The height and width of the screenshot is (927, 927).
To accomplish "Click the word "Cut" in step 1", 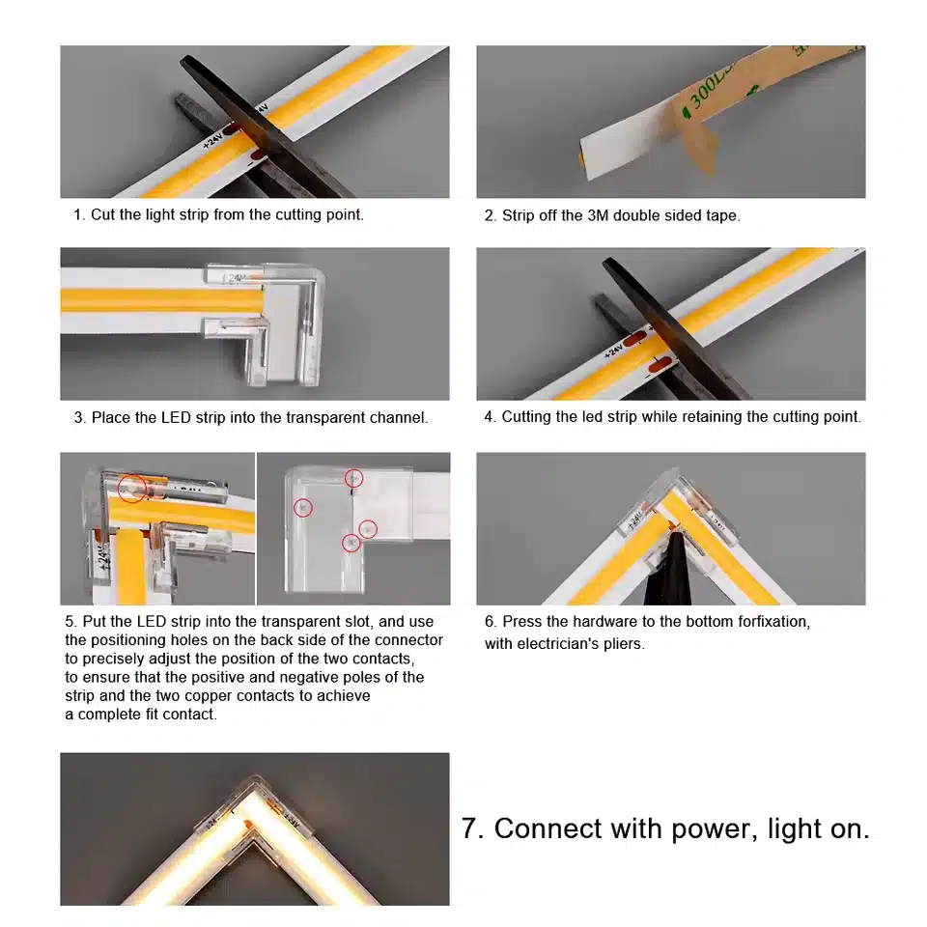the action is point(103,214).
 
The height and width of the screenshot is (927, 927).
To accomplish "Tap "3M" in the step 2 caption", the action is point(598,215).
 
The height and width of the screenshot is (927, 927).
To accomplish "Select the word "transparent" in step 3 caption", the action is point(312,417).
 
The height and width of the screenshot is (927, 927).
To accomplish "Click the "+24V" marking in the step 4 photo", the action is point(614,351).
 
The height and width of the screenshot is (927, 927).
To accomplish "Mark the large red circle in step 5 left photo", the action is point(132,489).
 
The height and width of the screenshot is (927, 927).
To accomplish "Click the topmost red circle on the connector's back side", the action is point(354,478).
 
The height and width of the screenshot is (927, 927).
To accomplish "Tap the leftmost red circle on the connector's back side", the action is point(303,508).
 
